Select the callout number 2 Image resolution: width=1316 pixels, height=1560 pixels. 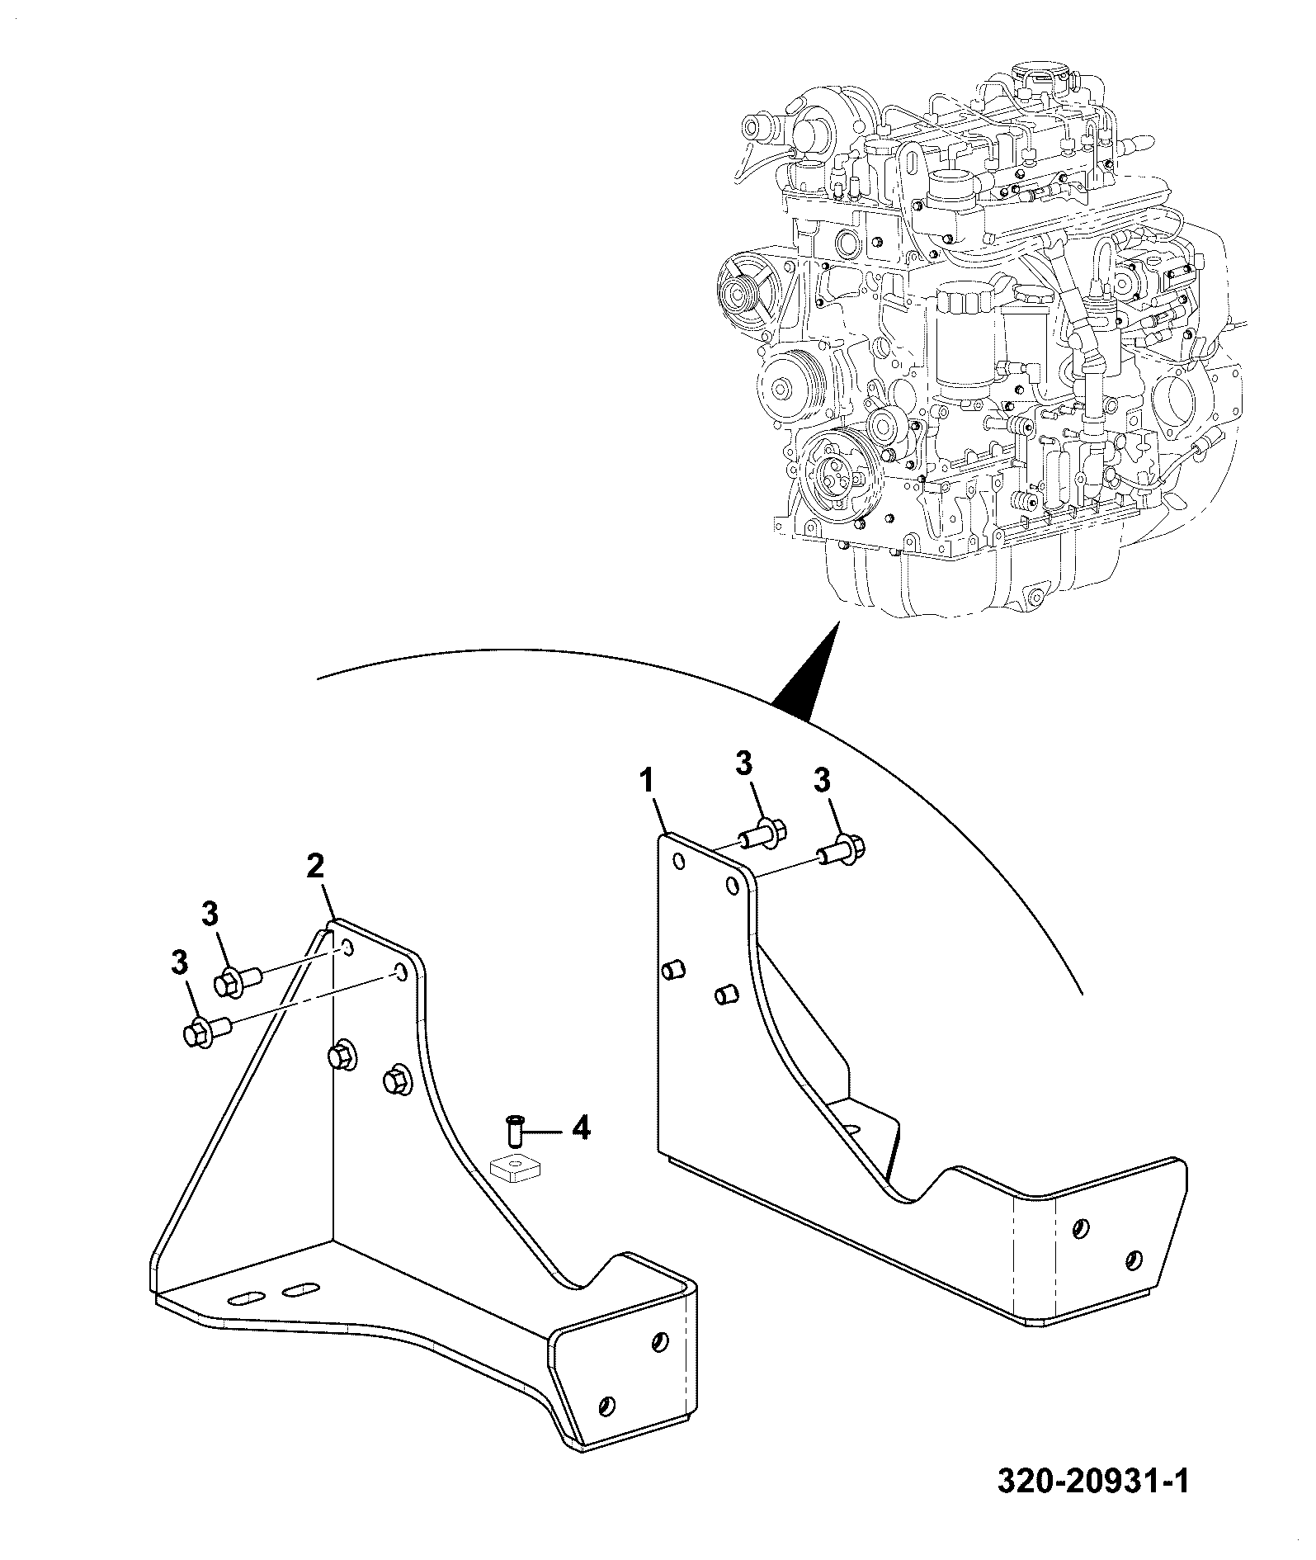click(315, 867)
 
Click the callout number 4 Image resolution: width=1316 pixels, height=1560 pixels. click(581, 1127)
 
